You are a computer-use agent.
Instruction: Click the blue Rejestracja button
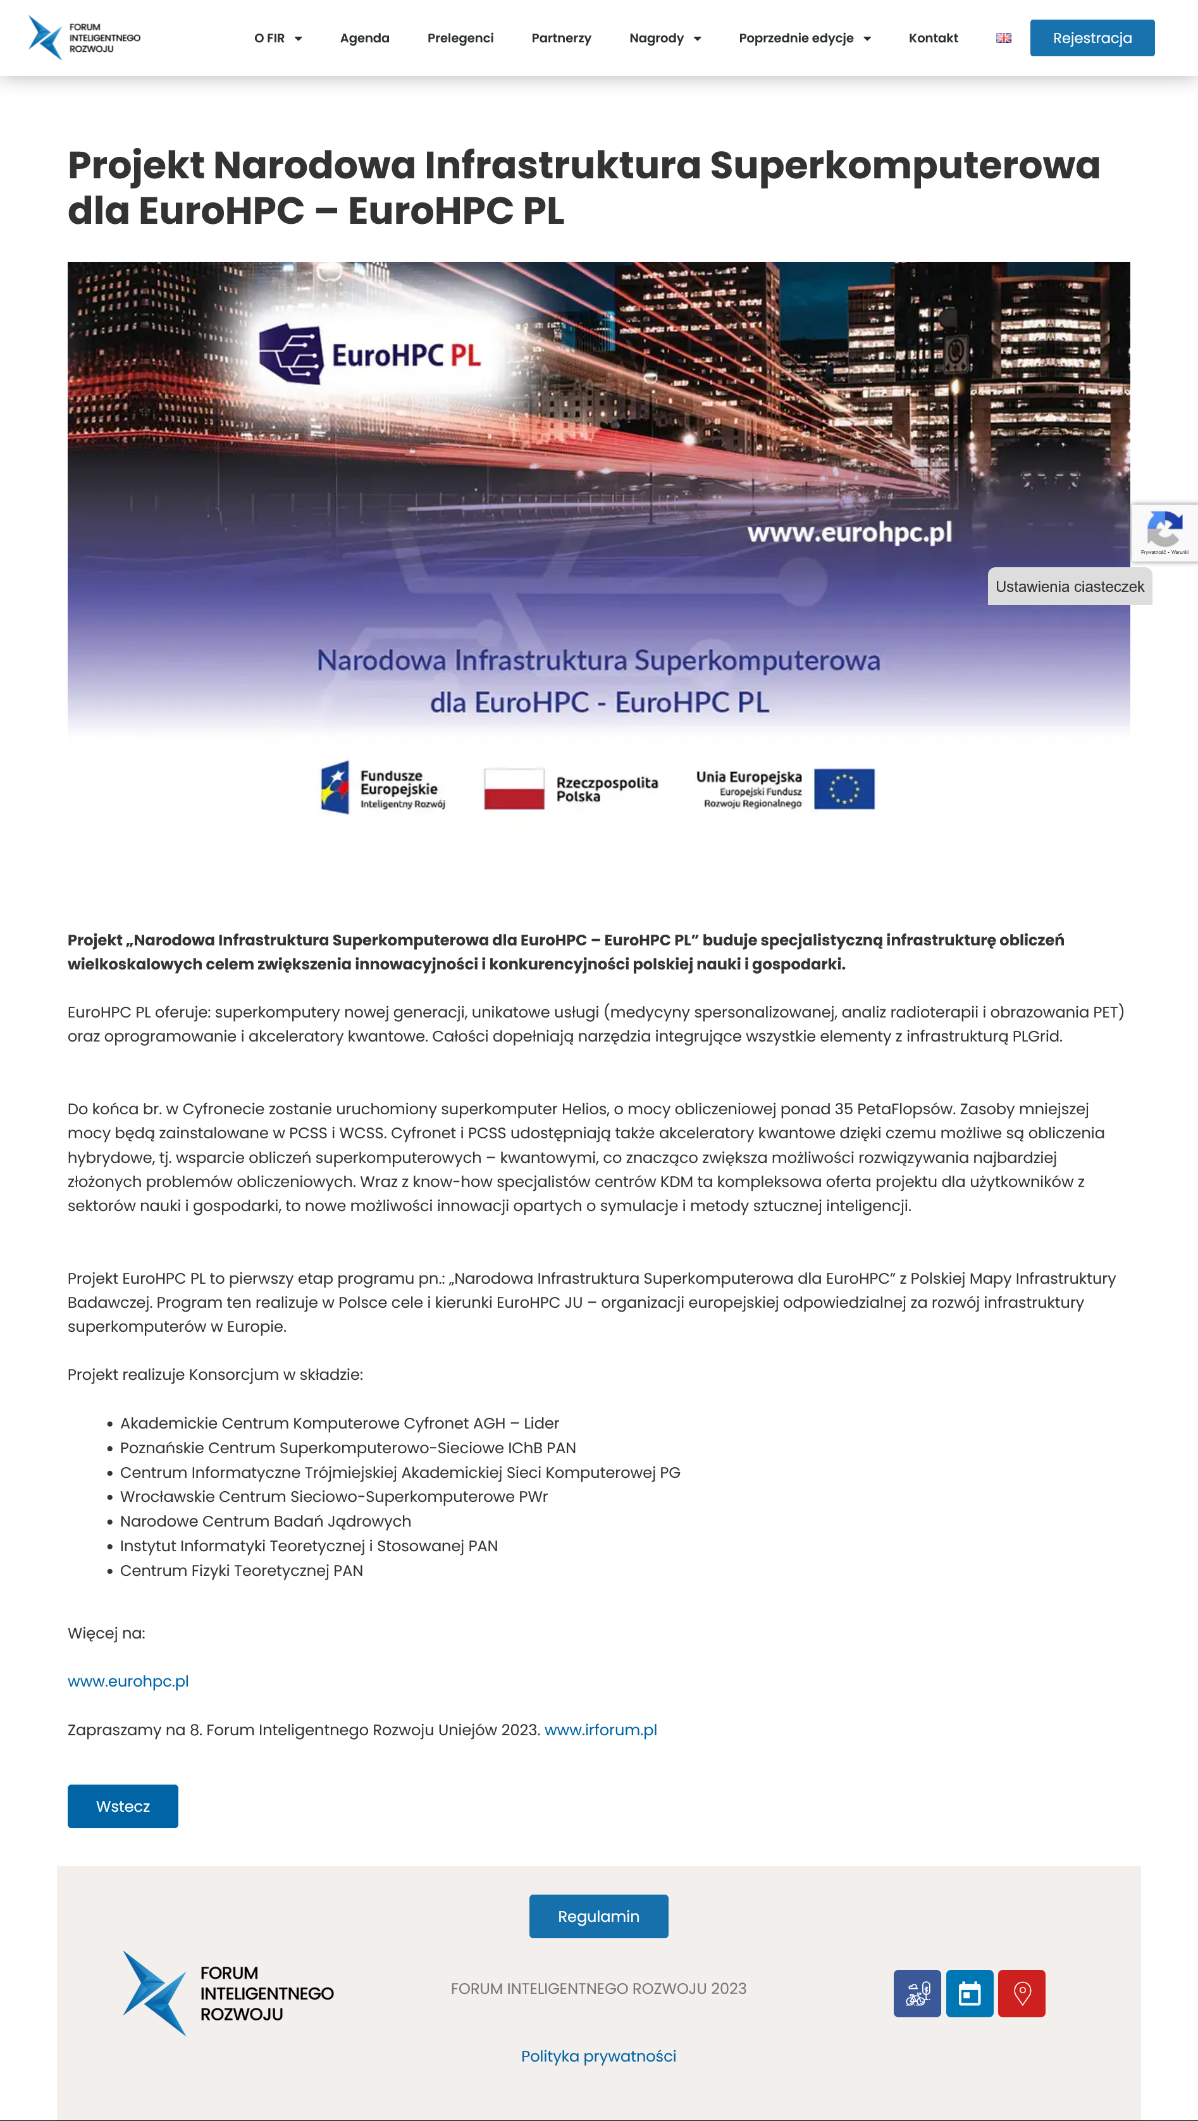[x=1091, y=38]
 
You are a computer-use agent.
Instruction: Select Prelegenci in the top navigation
[x=460, y=38]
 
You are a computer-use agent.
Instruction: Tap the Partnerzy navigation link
[x=560, y=38]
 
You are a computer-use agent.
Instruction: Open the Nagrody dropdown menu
[x=664, y=38]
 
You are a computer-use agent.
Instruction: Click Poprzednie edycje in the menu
[x=803, y=38]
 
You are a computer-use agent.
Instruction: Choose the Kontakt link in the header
[x=933, y=38]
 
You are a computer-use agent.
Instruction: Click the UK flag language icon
[x=1003, y=38]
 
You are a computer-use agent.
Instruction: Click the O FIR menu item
[x=278, y=38]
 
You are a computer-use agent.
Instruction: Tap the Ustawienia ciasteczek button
[x=1069, y=586]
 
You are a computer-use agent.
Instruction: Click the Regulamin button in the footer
[x=598, y=1916]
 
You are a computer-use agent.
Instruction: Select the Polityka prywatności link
[x=598, y=2055]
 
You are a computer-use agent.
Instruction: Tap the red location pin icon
[x=1021, y=1993]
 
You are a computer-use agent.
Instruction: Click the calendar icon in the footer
[x=969, y=1993]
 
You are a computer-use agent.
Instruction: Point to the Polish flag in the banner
[x=514, y=788]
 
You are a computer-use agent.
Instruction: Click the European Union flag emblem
[x=843, y=788]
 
